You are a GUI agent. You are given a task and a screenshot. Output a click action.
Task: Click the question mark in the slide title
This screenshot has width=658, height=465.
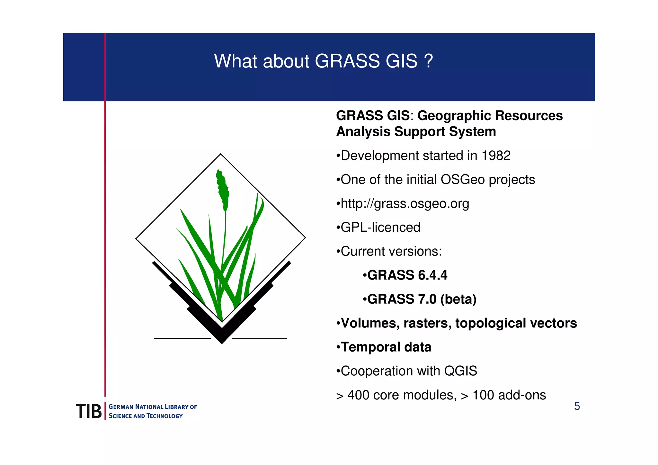point(429,61)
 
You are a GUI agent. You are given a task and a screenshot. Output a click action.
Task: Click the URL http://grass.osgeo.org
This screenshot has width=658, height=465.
point(405,204)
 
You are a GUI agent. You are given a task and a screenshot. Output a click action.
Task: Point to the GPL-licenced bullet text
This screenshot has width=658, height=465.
point(380,228)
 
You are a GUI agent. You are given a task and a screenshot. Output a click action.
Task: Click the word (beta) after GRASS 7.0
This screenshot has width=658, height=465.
point(458,300)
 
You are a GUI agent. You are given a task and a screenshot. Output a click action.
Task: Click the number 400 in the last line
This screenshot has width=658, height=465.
point(358,395)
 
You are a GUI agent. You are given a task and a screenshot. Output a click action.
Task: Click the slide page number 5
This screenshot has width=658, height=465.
point(577,407)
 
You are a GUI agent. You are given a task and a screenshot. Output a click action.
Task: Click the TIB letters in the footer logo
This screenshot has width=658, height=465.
point(89,411)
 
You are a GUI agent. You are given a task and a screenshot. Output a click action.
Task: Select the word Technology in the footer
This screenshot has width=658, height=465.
point(164,416)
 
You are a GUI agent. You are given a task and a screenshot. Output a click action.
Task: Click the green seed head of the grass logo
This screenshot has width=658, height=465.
point(223,190)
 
